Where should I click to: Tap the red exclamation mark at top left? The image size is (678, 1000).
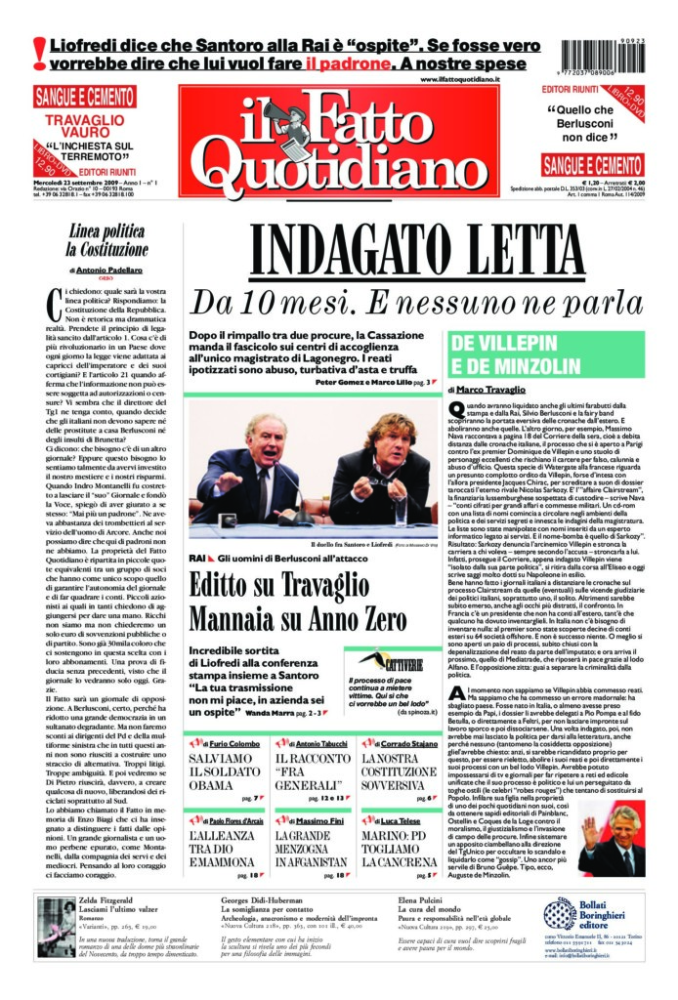[x=39, y=52]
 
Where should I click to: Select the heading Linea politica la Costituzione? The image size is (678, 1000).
[x=108, y=238]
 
